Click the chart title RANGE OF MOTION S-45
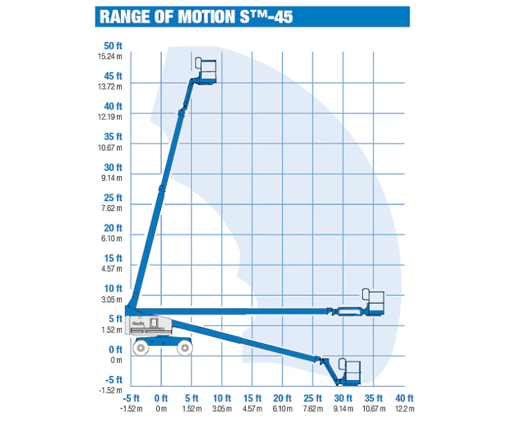click(196, 17)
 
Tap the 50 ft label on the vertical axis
click(113, 46)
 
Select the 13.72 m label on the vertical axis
click(110, 87)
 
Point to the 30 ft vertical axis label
click(113, 168)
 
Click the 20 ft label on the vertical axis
click(113, 228)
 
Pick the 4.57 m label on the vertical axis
click(112, 268)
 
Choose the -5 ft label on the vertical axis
click(114, 380)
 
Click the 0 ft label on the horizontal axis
click(161, 398)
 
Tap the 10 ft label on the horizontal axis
click(222, 398)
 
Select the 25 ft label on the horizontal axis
click(313, 398)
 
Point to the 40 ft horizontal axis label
click(405, 398)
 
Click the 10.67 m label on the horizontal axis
click(373, 409)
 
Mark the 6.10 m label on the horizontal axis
click(283, 409)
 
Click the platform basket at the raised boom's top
click(206, 70)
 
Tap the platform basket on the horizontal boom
click(373, 302)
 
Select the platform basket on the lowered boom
click(349, 371)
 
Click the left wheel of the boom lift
click(141, 348)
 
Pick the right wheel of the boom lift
click(184, 348)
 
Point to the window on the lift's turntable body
click(154, 323)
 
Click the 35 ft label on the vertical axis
click(113, 136)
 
